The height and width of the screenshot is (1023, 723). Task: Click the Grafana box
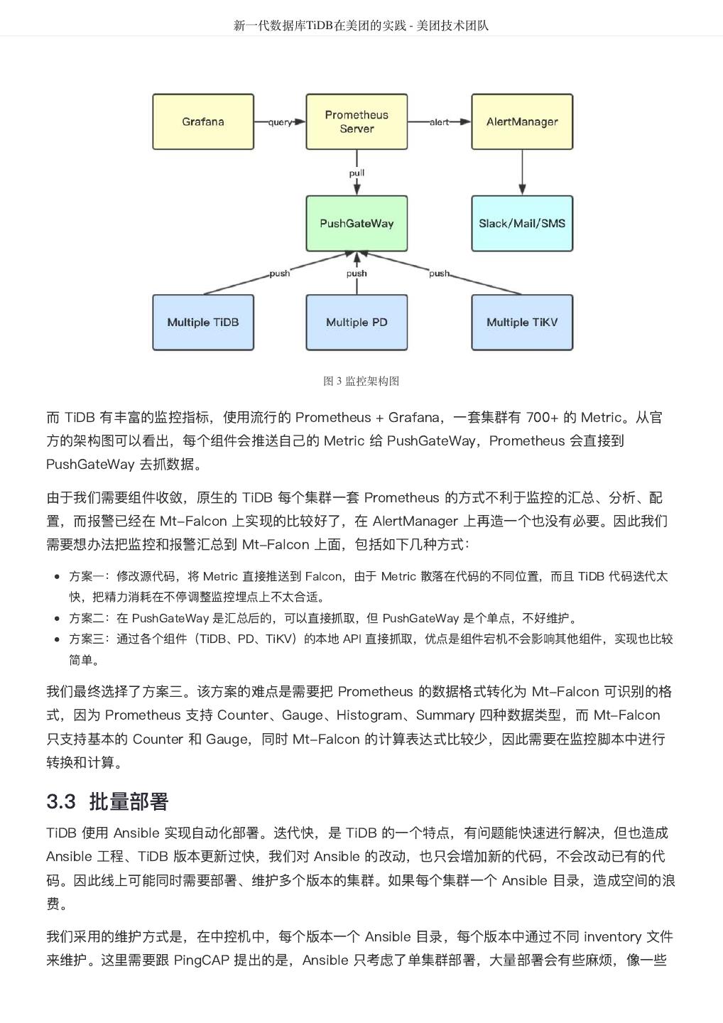click(203, 121)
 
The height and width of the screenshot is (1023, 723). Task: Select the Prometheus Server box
click(357, 121)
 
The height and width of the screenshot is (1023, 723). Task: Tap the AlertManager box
click(522, 121)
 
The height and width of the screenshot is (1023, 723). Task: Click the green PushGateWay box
click(357, 223)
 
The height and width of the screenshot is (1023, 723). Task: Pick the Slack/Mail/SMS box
click(522, 223)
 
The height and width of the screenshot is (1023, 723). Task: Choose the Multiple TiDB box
click(203, 323)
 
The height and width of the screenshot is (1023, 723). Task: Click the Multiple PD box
click(357, 323)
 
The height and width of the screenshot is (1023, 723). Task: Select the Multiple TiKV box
click(522, 323)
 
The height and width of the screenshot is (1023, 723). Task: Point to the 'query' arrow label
click(280, 122)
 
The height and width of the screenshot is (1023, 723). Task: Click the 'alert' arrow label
click(439, 122)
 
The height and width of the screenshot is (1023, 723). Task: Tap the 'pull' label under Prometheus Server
click(357, 173)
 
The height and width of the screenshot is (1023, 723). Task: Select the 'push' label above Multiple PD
click(357, 274)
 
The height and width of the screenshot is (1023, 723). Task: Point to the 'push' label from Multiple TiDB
click(279, 274)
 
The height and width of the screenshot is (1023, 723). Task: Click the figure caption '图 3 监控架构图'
click(361, 381)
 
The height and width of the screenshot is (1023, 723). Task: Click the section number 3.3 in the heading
click(61, 802)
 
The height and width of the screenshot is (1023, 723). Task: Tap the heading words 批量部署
click(129, 802)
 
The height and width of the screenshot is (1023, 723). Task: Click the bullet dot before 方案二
click(57, 619)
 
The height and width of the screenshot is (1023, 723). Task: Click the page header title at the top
click(361, 26)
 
